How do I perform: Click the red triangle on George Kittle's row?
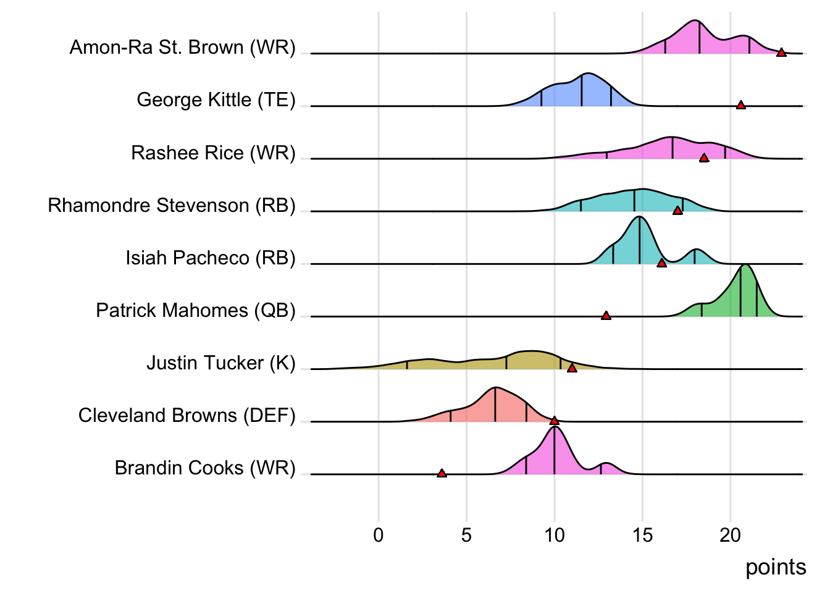click(x=741, y=106)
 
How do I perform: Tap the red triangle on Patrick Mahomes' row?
click(x=606, y=316)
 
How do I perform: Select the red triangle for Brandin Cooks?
click(x=442, y=474)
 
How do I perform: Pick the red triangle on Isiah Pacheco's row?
click(x=661, y=264)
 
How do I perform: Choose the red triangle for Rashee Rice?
click(x=704, y=159)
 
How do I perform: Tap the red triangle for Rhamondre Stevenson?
click(x=677, y=211)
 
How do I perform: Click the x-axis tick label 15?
click(x=642, y=535)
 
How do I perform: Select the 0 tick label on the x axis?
click(x=379, y=535)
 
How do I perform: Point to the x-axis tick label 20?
click(x=730, y=535)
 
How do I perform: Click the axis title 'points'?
click(x=776, y=567)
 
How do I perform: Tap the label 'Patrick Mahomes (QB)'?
click(x=196, y=310)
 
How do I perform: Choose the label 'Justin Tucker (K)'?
click(x=221, y=363)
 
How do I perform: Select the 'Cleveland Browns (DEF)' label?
click(x=187, y=415)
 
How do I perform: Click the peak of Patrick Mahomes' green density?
click(x=746, y=266)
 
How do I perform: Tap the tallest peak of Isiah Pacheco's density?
click(x=640, y=217)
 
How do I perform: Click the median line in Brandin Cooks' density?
click(x=555, y=451)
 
